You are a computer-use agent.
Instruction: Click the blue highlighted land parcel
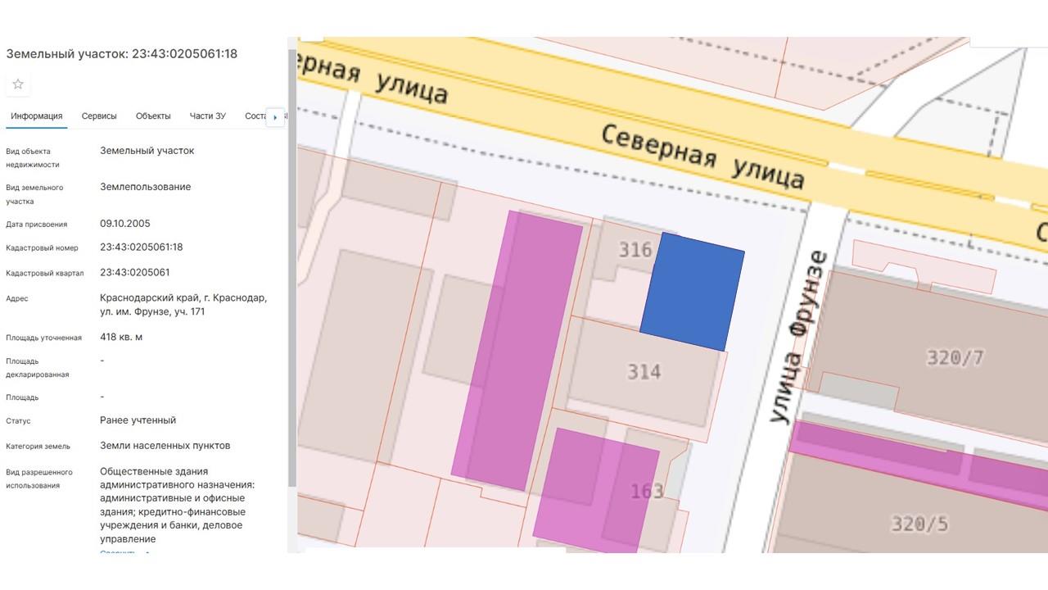pos(693,292)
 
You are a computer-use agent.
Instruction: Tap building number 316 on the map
pos(635,249)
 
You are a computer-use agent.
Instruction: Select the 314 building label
pos(644,372)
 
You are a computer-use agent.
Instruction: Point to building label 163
pos(647,492)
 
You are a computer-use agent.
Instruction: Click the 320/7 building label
pos(955,357)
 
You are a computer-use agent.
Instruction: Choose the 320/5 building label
pos(919,523)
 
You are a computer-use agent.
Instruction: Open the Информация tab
pos(37,116)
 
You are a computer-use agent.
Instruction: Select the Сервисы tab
pos(99,116)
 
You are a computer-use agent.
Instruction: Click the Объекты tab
pos(153,116)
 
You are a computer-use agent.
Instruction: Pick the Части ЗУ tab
pos(207,116)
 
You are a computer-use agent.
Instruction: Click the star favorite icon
pos(18,84)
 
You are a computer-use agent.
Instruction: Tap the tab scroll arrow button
pos(275,117)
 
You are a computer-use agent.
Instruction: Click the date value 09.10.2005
pos(125,224)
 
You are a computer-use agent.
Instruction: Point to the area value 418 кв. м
pos(121,337)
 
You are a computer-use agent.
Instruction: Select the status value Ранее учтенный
pos(138,420)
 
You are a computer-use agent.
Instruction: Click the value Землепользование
pos(145,187)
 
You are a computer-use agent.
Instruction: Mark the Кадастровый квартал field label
pos(44,273)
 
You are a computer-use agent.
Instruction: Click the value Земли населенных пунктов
pos(165,446)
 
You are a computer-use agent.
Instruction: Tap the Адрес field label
pos(17,299)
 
